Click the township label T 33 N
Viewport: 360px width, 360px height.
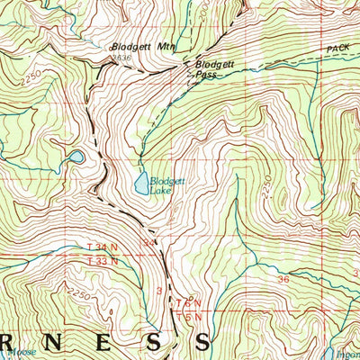click(105, 261)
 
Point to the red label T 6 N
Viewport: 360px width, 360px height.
click(186, 304)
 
